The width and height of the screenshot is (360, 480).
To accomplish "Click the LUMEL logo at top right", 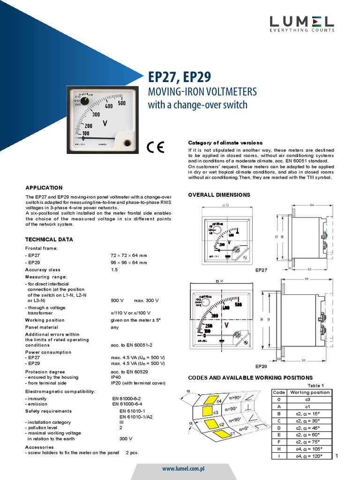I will (x=301, y=23).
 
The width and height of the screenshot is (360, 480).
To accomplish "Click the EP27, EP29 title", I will (x=179, y=77).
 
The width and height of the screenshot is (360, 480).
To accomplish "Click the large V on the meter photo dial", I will (x=105, y=124).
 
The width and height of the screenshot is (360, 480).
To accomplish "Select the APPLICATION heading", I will (x=44, y=187).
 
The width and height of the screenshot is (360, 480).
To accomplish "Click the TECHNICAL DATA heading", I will (x=49, y=240).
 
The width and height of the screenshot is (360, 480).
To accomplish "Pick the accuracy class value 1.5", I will (x=114, y=270).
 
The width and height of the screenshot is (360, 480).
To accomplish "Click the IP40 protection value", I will (x=115, y=377).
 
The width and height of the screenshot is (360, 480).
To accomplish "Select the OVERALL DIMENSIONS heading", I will (x=219, y=195).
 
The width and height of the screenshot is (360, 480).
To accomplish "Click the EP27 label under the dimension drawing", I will (x=261, y=270).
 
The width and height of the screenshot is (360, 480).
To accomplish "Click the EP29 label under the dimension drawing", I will (x=261, y=366).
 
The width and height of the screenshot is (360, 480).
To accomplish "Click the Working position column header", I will (x=310, y=392).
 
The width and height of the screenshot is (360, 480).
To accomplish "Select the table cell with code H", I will (x=278, y=449).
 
